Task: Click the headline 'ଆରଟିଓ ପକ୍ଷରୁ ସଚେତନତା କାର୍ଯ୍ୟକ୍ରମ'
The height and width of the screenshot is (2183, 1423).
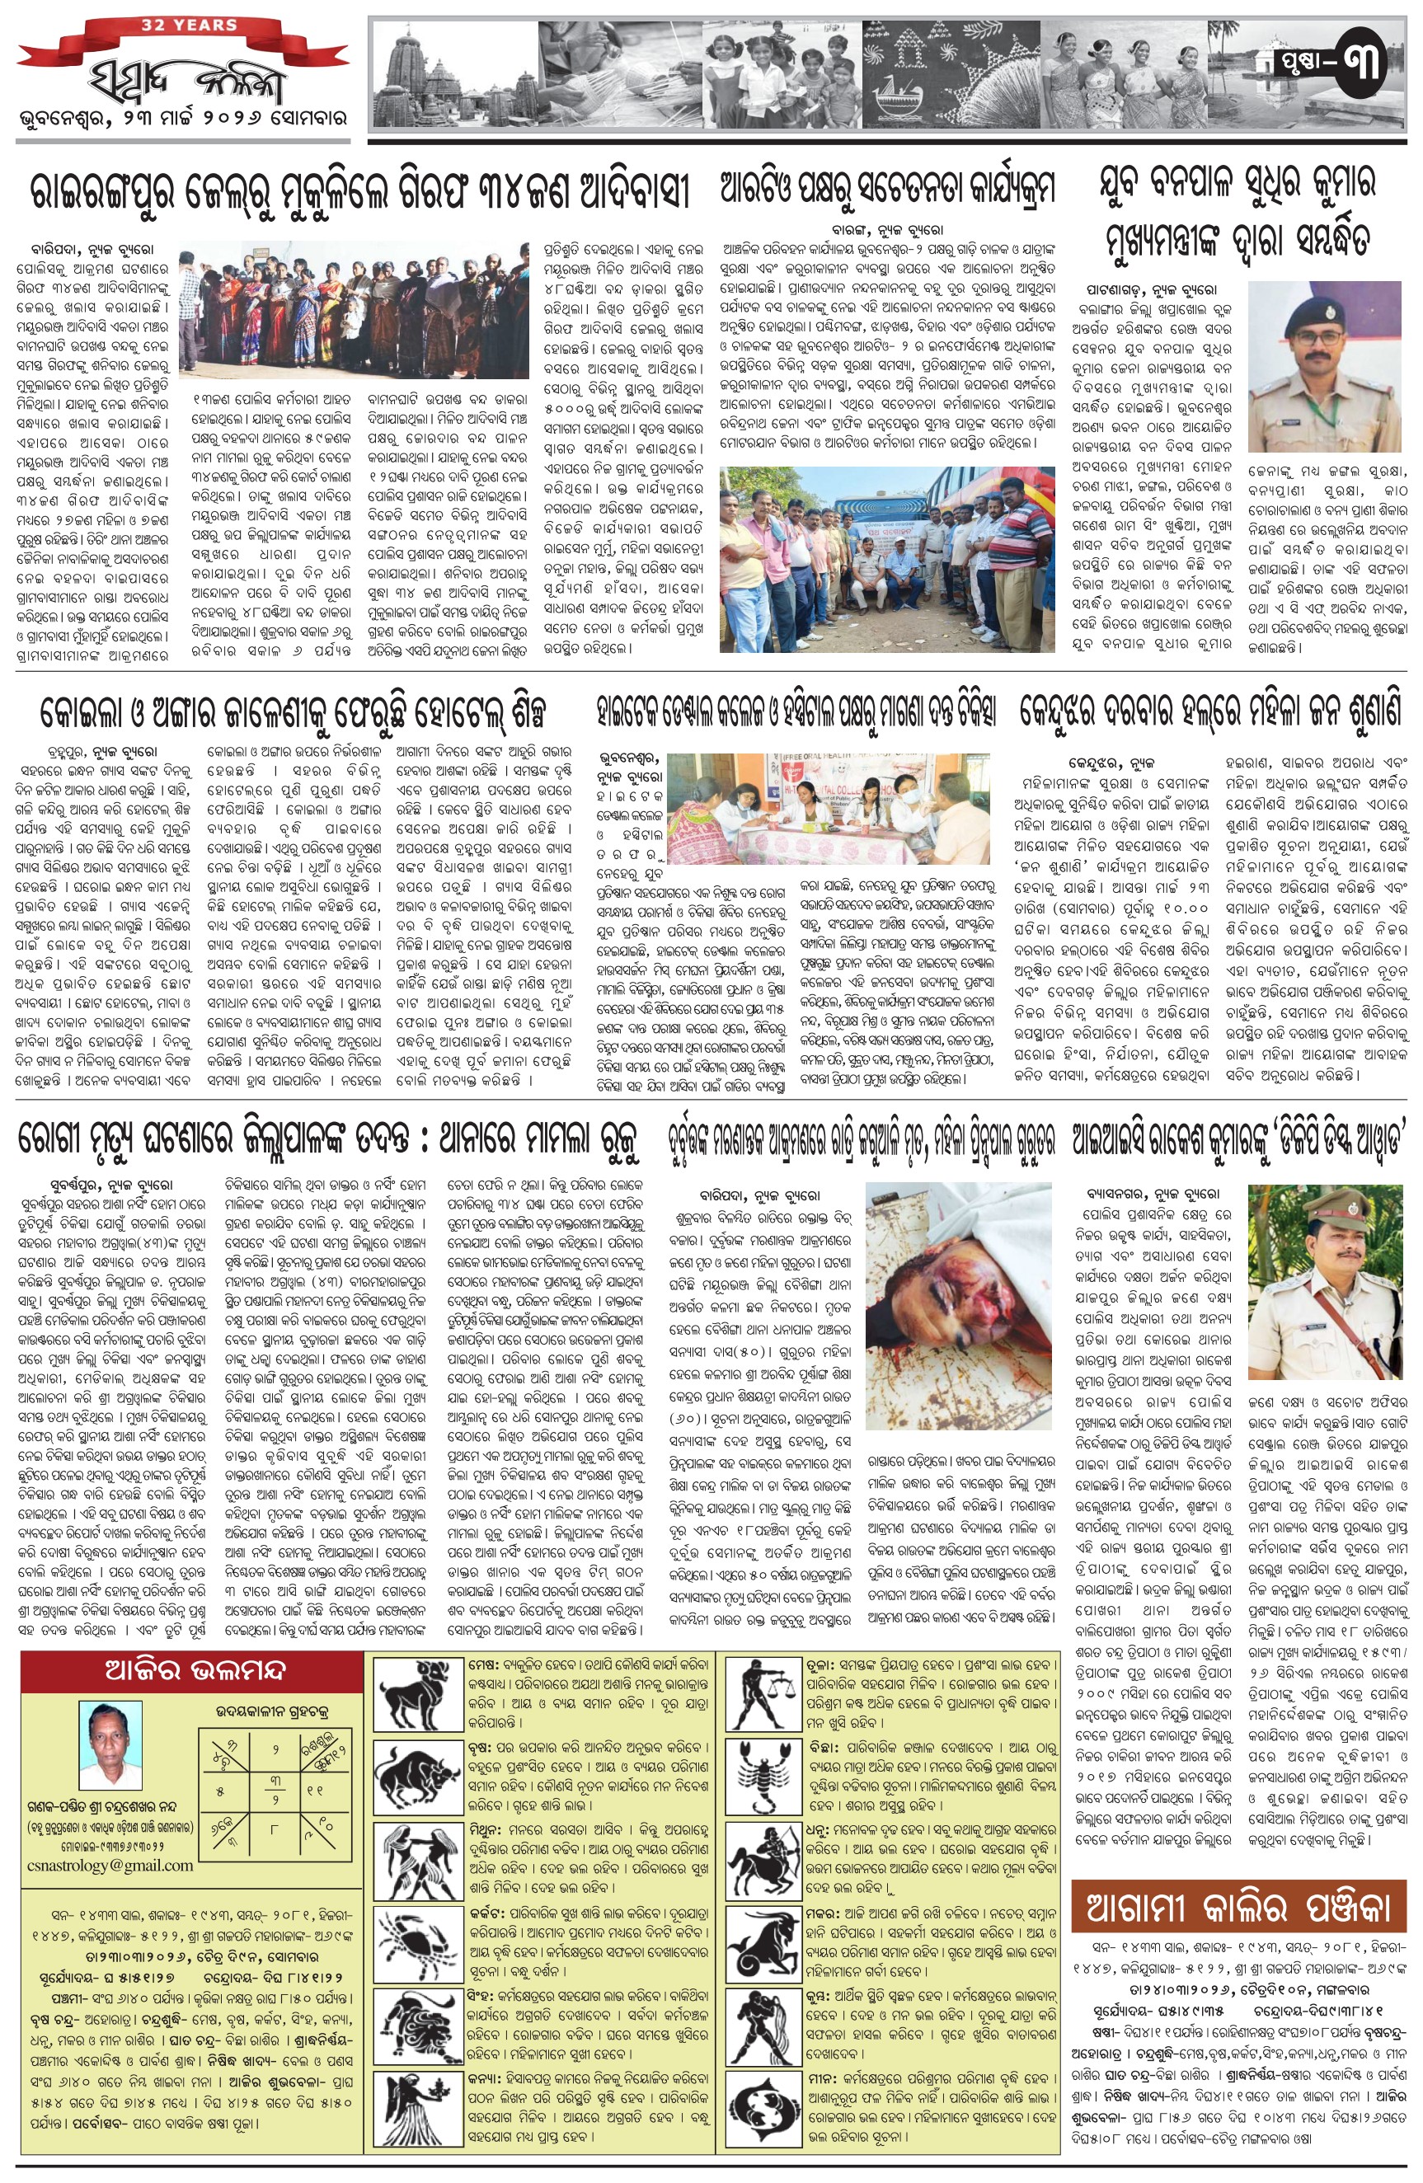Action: [887, 190]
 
